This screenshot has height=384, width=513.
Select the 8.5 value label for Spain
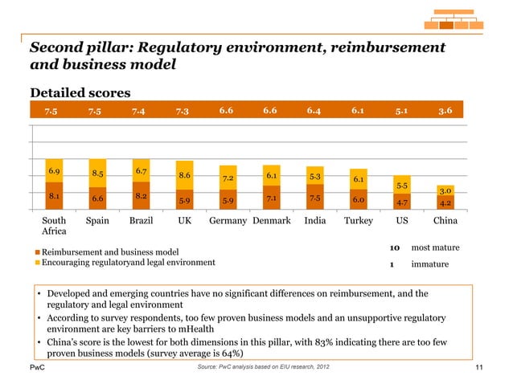97,173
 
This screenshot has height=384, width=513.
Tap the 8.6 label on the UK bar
184,175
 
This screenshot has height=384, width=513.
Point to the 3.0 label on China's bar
445,190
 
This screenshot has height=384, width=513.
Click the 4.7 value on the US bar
401,203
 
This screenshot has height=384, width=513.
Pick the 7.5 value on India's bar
314,198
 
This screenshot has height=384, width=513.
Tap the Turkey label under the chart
358,221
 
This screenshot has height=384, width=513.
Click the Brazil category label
141,221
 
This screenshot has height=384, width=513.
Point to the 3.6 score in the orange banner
445,111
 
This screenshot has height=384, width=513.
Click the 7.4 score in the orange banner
141,111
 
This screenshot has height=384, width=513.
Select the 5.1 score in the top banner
401,111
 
